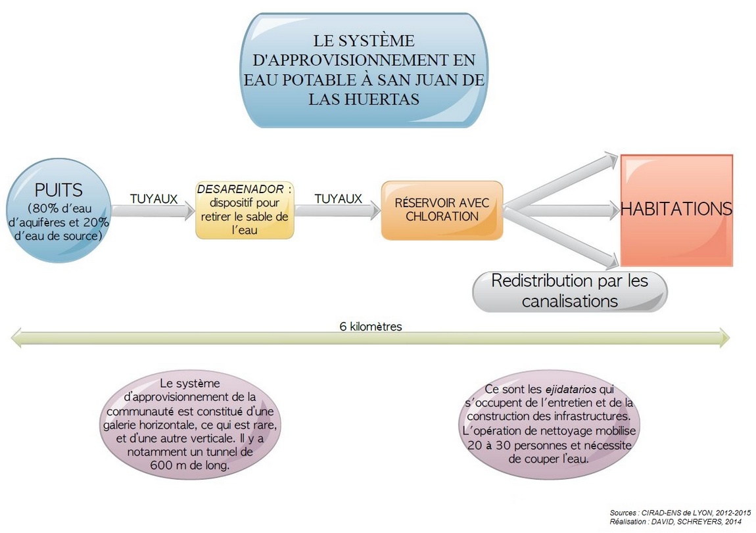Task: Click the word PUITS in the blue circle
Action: [59, 190]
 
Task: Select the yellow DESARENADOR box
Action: [245, 210]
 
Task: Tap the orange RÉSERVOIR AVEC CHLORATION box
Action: [442, 210]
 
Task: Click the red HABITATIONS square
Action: [676, 210]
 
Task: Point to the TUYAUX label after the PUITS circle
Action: [154, 198]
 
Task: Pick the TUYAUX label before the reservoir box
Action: [338, 198]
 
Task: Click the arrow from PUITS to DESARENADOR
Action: [153, 211]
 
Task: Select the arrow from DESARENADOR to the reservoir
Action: [337, 210]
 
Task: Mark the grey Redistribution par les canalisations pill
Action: [569, 291]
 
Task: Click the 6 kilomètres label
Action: [370, 326]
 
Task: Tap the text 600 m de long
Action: [189, 465]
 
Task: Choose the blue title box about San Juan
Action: [364, 70]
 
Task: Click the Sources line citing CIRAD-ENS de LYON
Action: [680, 513]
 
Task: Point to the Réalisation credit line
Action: [676, 521]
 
